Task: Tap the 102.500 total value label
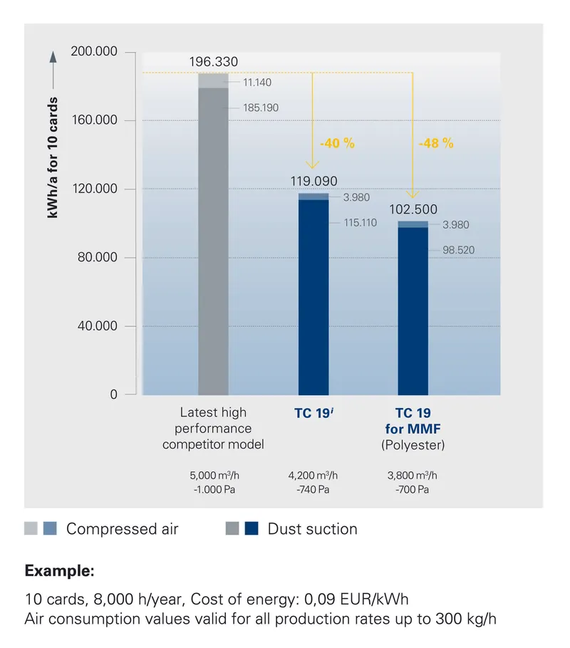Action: (x=413, y=210)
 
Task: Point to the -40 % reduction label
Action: (x=337, y=143)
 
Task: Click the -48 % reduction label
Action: (x=436, y=143)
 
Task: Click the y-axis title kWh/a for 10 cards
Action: (x=54, y=157)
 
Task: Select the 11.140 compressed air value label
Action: (x=256, y=83)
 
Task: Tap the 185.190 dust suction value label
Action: (x=260, y=108)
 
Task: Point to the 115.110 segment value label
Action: (x=360, y=223)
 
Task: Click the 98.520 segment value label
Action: (x=458, y=250)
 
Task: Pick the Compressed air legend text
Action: (x=122, y=529)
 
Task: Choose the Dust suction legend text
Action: (x=312, y=529)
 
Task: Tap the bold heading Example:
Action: (x=59, y=571)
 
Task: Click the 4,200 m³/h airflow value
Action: (x=313, y=476)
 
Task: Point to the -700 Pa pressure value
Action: (x=413, y=490)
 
